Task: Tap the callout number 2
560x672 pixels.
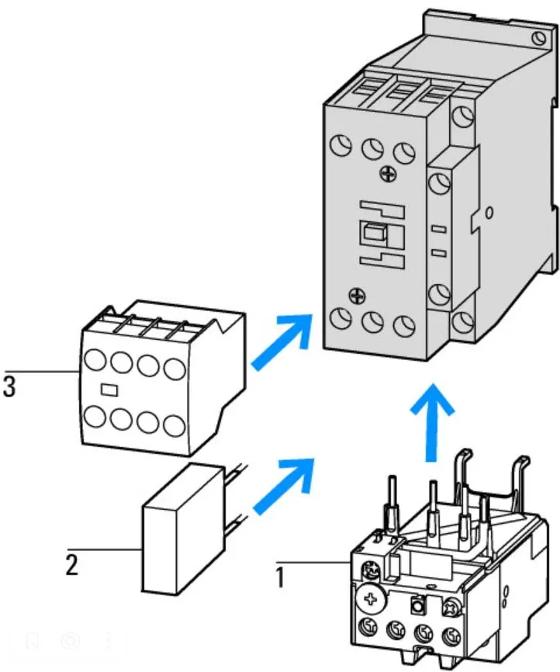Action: click(x=71, y=564)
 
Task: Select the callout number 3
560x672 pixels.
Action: click(x=9, y=387)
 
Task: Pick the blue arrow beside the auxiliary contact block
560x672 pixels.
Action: click(x=281, y=341)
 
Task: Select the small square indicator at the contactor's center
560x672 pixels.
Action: click(x=374, y=234)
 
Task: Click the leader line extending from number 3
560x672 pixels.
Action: click(x=39, y=372)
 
